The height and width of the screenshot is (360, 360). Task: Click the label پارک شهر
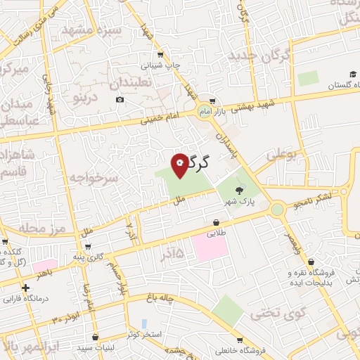[x=239, y=202]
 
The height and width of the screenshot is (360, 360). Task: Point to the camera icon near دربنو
[x=120, y=100]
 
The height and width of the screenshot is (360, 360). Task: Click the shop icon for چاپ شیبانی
[x=161, y=54]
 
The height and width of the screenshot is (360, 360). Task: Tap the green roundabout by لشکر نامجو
[x=278, y=208]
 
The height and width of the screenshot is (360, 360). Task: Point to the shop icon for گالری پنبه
[x=86, y=247]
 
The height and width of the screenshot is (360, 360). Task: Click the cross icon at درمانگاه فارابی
[x=26, y=288]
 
